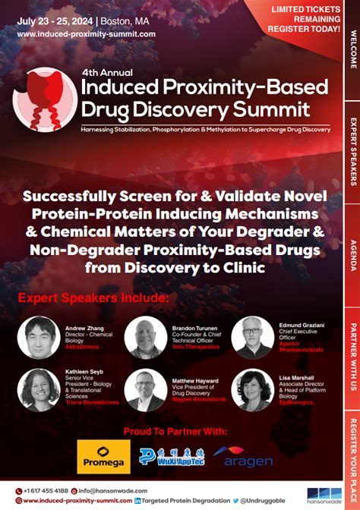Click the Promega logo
click(x=103, y=456)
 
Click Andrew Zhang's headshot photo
click(x=38, y=338)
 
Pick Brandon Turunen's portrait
click(x=145, y=338)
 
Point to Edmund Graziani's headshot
click(x=253, y=338)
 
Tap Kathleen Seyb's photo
click(x=38, y=389)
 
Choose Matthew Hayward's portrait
click(x=145, y=389)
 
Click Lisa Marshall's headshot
click(x=253, y=389)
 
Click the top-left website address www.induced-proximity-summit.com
click(x=86, y=34)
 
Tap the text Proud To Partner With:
click(x=175, y=430)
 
